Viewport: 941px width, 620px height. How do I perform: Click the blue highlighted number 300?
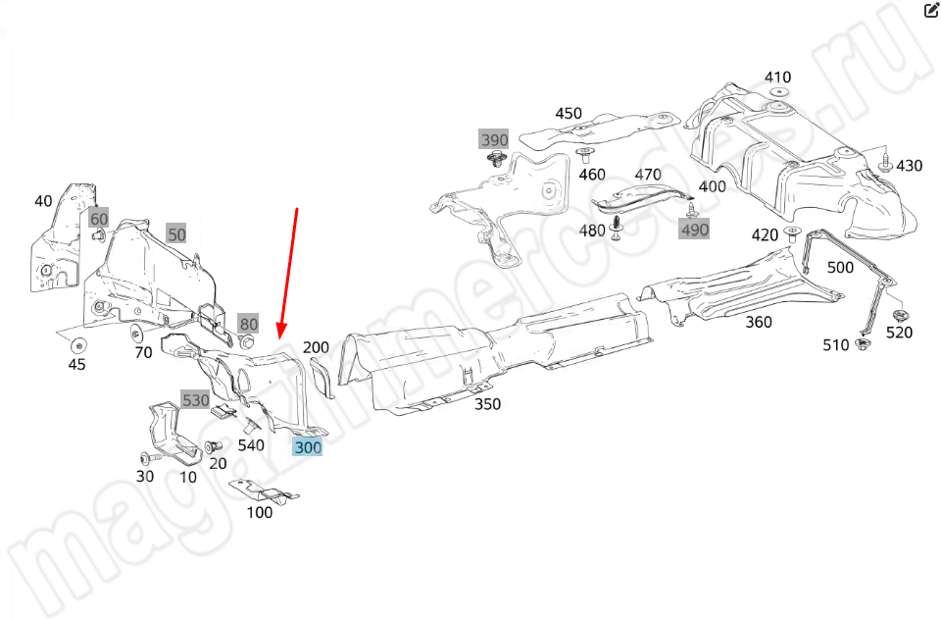point(307,447)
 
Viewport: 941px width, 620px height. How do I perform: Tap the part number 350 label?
point(488,403)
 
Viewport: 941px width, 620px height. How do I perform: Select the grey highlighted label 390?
point(494,138)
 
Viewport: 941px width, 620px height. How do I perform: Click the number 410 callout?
point(777,77)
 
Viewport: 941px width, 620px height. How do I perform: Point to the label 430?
point(909,166)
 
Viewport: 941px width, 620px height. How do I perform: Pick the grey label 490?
point(694,229)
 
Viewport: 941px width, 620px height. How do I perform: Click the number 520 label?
point(899,333)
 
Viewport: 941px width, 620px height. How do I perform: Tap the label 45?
point(76,364)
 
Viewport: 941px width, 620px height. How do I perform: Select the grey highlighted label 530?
point(195,400)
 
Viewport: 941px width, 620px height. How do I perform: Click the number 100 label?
point(260,512)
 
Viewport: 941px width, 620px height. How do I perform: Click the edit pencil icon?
point(932,12)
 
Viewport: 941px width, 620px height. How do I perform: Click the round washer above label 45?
point(76,344)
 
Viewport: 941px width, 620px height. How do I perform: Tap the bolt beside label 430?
point(885,160)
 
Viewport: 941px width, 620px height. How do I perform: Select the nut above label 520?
point(899,315)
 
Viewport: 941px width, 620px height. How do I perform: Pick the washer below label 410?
point(778,93)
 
